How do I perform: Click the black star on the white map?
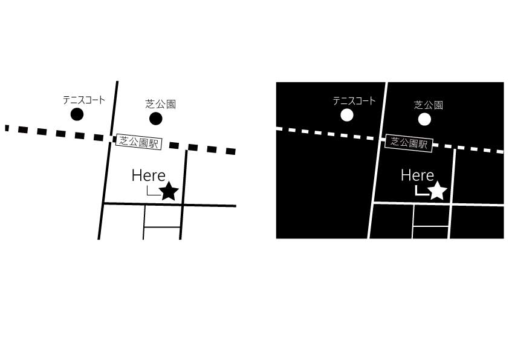(x=169, y=191)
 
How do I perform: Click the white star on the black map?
(x=438, y=191)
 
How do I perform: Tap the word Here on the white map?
(x=149, y=175)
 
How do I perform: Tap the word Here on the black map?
(x=418, y=175)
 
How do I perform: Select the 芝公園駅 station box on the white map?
(x=138, y=142)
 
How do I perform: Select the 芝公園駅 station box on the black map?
(x=409, y=143)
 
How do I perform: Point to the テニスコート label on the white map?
(x=84, y=100)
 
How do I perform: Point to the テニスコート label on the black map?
(x=354, y=101)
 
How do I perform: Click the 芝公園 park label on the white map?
(x=160, y=104)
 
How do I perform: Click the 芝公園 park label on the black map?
(x=429, y=105)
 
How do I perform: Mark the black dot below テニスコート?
(x=77, y=114)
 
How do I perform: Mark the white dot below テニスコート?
(x=347, y=115)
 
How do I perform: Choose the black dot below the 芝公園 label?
(x=156, y=119)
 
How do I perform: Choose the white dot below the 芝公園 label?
(x=424, y=119)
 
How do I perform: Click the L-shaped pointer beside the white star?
(x=422, y=191)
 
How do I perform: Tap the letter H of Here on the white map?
(x=137, y=175)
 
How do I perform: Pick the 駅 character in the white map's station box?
(x=154, y=143)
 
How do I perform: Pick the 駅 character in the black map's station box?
(x=423, y=144)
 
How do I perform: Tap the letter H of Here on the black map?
(x=406, y=175)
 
